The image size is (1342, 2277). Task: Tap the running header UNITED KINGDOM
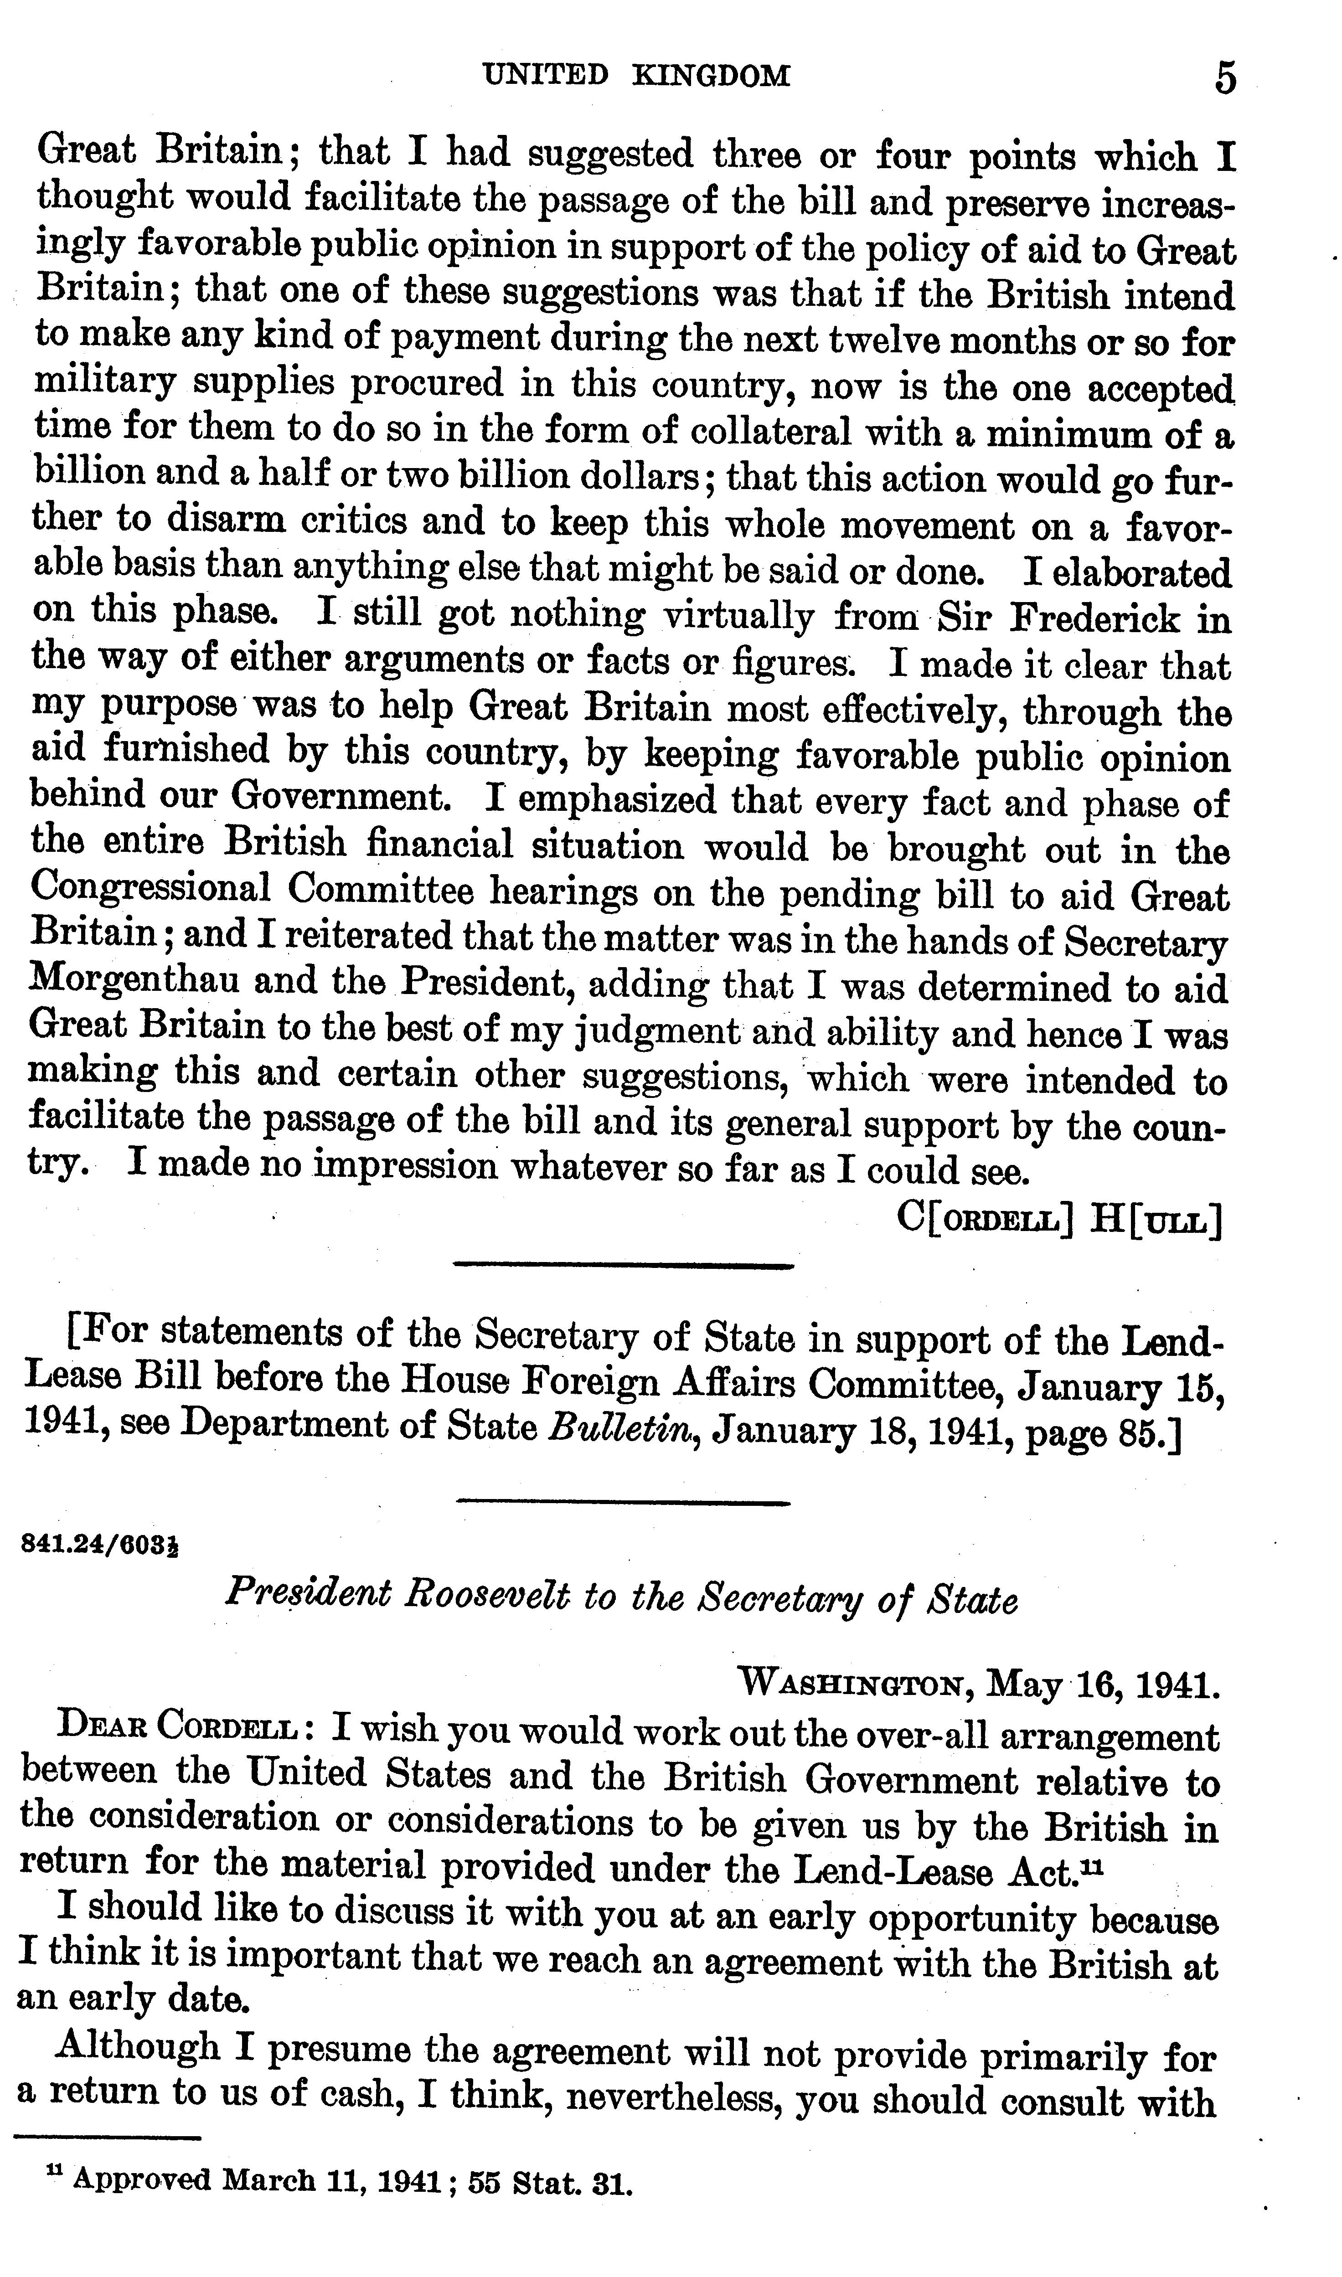(x=637, y=75)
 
